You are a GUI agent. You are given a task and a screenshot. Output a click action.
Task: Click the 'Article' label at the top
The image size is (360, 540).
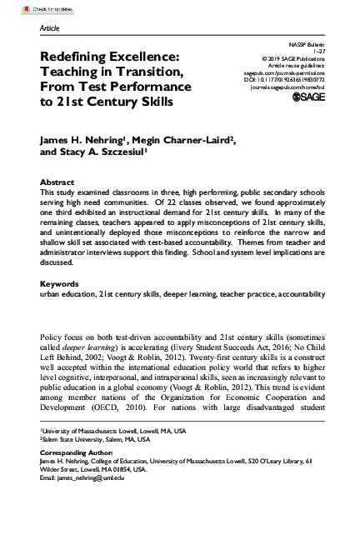pyautogui.click(x=49, y=27)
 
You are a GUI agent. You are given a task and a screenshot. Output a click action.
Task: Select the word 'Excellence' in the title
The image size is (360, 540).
pyautogui.click(x=141, y=57)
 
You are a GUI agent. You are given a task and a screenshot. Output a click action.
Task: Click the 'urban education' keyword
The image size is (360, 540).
pyautogui.click(x=67, y=294)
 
